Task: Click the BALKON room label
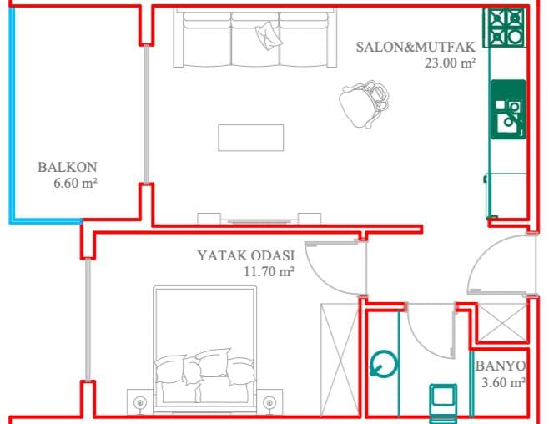pyautogui.click(x=68, y=167)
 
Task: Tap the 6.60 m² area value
pyautogui.click(x=75, y=183)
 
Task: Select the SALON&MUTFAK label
pyautogui.click(x=416, y=47)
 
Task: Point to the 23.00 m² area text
pyautogui.click(x=451, y=63)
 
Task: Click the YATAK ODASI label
pyautogui.click(x=246, y=255)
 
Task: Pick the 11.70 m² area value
pyautogui.click(x=269, y=271)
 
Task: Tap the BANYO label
pyautogui.click(x=501, y=366)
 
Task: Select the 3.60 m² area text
pyautogui.click(x=503, y=382)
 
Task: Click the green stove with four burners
pyautogui.click(x=505, y=28)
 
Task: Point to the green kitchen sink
pyautogui.click(x=508, y=109)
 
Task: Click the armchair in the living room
pyautogui.click(x=364, y=103)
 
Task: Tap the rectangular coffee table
pyautogui.click(x=250, y=138)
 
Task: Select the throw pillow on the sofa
pyautogui.click(x=268, y=35)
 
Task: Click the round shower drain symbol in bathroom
pyautogui.click(x=384, y=365)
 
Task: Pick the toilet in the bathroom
pyautogui.click(x=443, y=402)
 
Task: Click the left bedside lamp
pyautogui.click(x=139, y=402)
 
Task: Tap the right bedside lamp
pyautogui.click(x=269, y=402)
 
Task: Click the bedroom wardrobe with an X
pyautogui.click(x=340, y=361)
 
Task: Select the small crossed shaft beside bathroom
pyautogui.click(x=502, y=322)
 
